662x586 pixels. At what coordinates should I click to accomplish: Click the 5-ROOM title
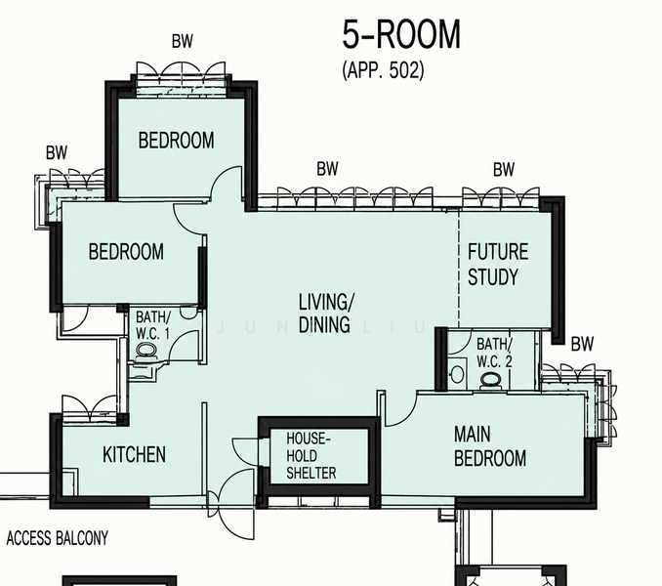401,34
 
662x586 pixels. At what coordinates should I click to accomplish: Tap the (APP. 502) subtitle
383,69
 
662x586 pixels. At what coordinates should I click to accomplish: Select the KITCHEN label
135,455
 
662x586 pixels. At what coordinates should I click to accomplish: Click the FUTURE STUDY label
498,265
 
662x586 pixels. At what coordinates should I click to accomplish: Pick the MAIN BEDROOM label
490,446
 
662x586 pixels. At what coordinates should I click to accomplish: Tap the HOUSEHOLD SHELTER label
311,455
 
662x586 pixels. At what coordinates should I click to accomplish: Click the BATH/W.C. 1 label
153,324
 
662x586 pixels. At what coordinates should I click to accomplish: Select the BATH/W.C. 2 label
494,353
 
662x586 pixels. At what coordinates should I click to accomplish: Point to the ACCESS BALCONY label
58,538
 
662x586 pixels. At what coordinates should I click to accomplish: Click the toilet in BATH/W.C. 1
146,351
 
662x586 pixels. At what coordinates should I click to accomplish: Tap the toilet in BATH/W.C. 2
490,380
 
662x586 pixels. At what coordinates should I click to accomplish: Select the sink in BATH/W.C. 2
457,374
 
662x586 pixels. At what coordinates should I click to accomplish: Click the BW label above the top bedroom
183,41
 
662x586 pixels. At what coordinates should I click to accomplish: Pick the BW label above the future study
504,170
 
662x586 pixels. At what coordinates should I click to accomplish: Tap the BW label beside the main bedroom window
582,344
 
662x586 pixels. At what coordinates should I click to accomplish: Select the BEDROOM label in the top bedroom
176,141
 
